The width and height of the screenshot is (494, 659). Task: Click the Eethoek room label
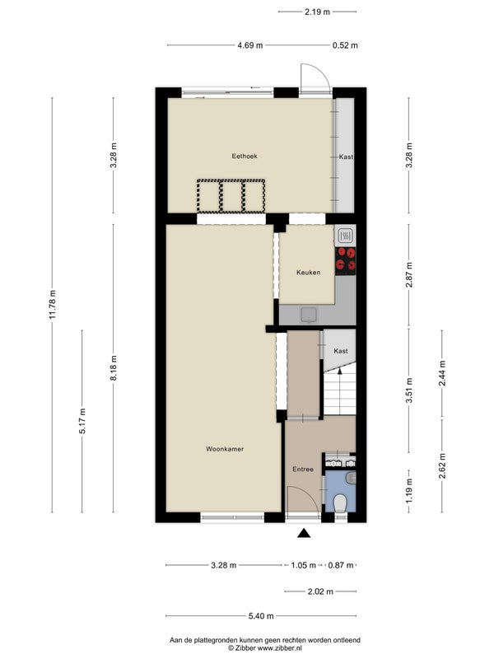click(x=245, y=156)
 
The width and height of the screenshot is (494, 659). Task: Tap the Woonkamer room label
click(x=225, y=449)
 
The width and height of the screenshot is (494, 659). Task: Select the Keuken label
click(x=308, y=273)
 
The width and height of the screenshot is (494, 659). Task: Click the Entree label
click(x=303, y=469)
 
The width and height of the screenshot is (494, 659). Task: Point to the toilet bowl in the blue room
click(x=339, y=503)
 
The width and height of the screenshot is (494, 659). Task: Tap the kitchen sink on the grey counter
click(x=310, y=315)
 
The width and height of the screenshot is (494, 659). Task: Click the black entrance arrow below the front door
click(x=304, y=533)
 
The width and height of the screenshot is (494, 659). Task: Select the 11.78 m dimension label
click(x=53, y=305)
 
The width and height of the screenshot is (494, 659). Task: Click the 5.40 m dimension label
click(x=261, y=615)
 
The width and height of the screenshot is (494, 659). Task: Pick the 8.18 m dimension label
click(x=114, y=367)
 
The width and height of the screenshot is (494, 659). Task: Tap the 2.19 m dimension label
click(x=317, y=12)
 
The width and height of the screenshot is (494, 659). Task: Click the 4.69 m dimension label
click(x=250, y=45)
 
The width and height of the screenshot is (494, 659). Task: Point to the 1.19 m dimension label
click(x=409, y=491)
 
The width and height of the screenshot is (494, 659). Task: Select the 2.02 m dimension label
click(x=320, y=591)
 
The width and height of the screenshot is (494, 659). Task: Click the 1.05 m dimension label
click(x=303, y=565)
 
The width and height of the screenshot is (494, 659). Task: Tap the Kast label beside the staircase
click(x=341, y=351)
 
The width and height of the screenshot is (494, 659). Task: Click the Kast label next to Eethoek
click(x=346, y=157)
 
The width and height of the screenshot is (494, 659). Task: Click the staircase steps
click(x=340, y=394)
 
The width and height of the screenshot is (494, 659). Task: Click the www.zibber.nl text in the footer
click(x=280, y=647)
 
